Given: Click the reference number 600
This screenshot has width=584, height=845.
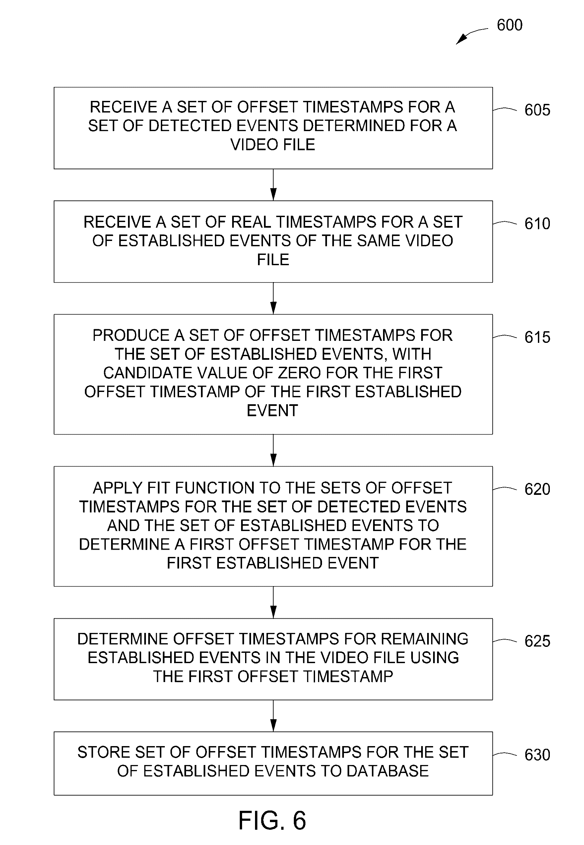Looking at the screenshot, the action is pos(509,25).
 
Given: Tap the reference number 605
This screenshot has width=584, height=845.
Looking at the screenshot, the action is pos(537,110).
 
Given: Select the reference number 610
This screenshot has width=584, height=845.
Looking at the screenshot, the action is pos(537,223).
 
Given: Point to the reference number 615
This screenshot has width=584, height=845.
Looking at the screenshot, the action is pos(537,337).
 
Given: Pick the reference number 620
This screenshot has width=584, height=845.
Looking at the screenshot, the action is pos(537,489).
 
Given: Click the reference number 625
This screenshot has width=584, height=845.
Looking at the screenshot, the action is pos(537,641).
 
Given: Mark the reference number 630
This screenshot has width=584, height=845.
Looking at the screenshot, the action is pos(537,755).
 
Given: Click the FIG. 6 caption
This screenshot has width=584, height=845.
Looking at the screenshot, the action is pos(272,820).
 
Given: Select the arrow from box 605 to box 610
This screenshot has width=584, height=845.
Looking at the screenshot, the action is pos(273,185).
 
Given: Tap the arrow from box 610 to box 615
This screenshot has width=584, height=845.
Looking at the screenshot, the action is pos(273,298).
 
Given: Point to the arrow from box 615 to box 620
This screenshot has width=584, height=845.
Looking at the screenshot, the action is pos(273,450).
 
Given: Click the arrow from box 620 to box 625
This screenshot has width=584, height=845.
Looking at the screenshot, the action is pos(273,602).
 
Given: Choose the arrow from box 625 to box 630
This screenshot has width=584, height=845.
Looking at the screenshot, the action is pos(273,716).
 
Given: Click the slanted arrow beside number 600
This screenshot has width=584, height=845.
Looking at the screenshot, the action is pos(472,36).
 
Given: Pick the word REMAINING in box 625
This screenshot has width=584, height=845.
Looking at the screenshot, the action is pos(424,639).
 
